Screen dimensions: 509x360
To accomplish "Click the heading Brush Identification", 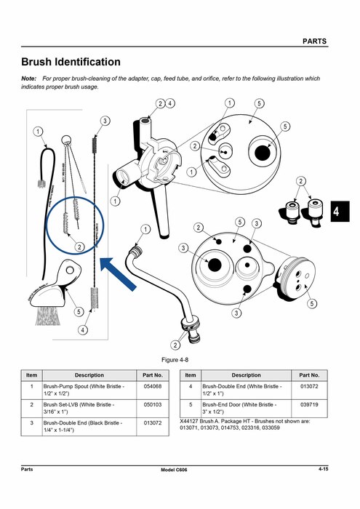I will coord(71,63).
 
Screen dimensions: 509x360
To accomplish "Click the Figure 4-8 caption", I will coord(179,361).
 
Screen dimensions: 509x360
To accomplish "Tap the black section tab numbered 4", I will coord(336,212).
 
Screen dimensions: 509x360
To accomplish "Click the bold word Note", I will coord(29,78).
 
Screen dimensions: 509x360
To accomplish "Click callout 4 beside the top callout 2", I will coord(169,103).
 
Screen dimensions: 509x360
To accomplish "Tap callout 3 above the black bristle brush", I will coord(105,121).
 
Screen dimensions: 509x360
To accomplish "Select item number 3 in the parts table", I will coord(31,422).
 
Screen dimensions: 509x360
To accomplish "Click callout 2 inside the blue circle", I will coord(80,247).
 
